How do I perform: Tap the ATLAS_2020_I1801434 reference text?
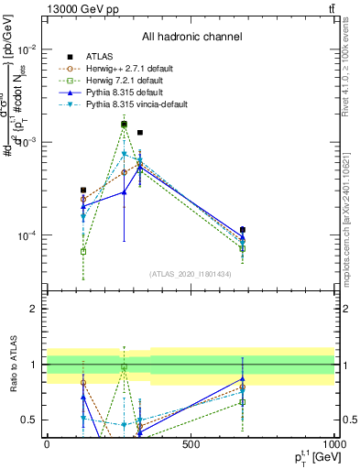pos(191,274)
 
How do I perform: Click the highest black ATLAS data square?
pos(124,125)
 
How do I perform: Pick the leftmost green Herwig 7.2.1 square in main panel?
pos(83,251)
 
